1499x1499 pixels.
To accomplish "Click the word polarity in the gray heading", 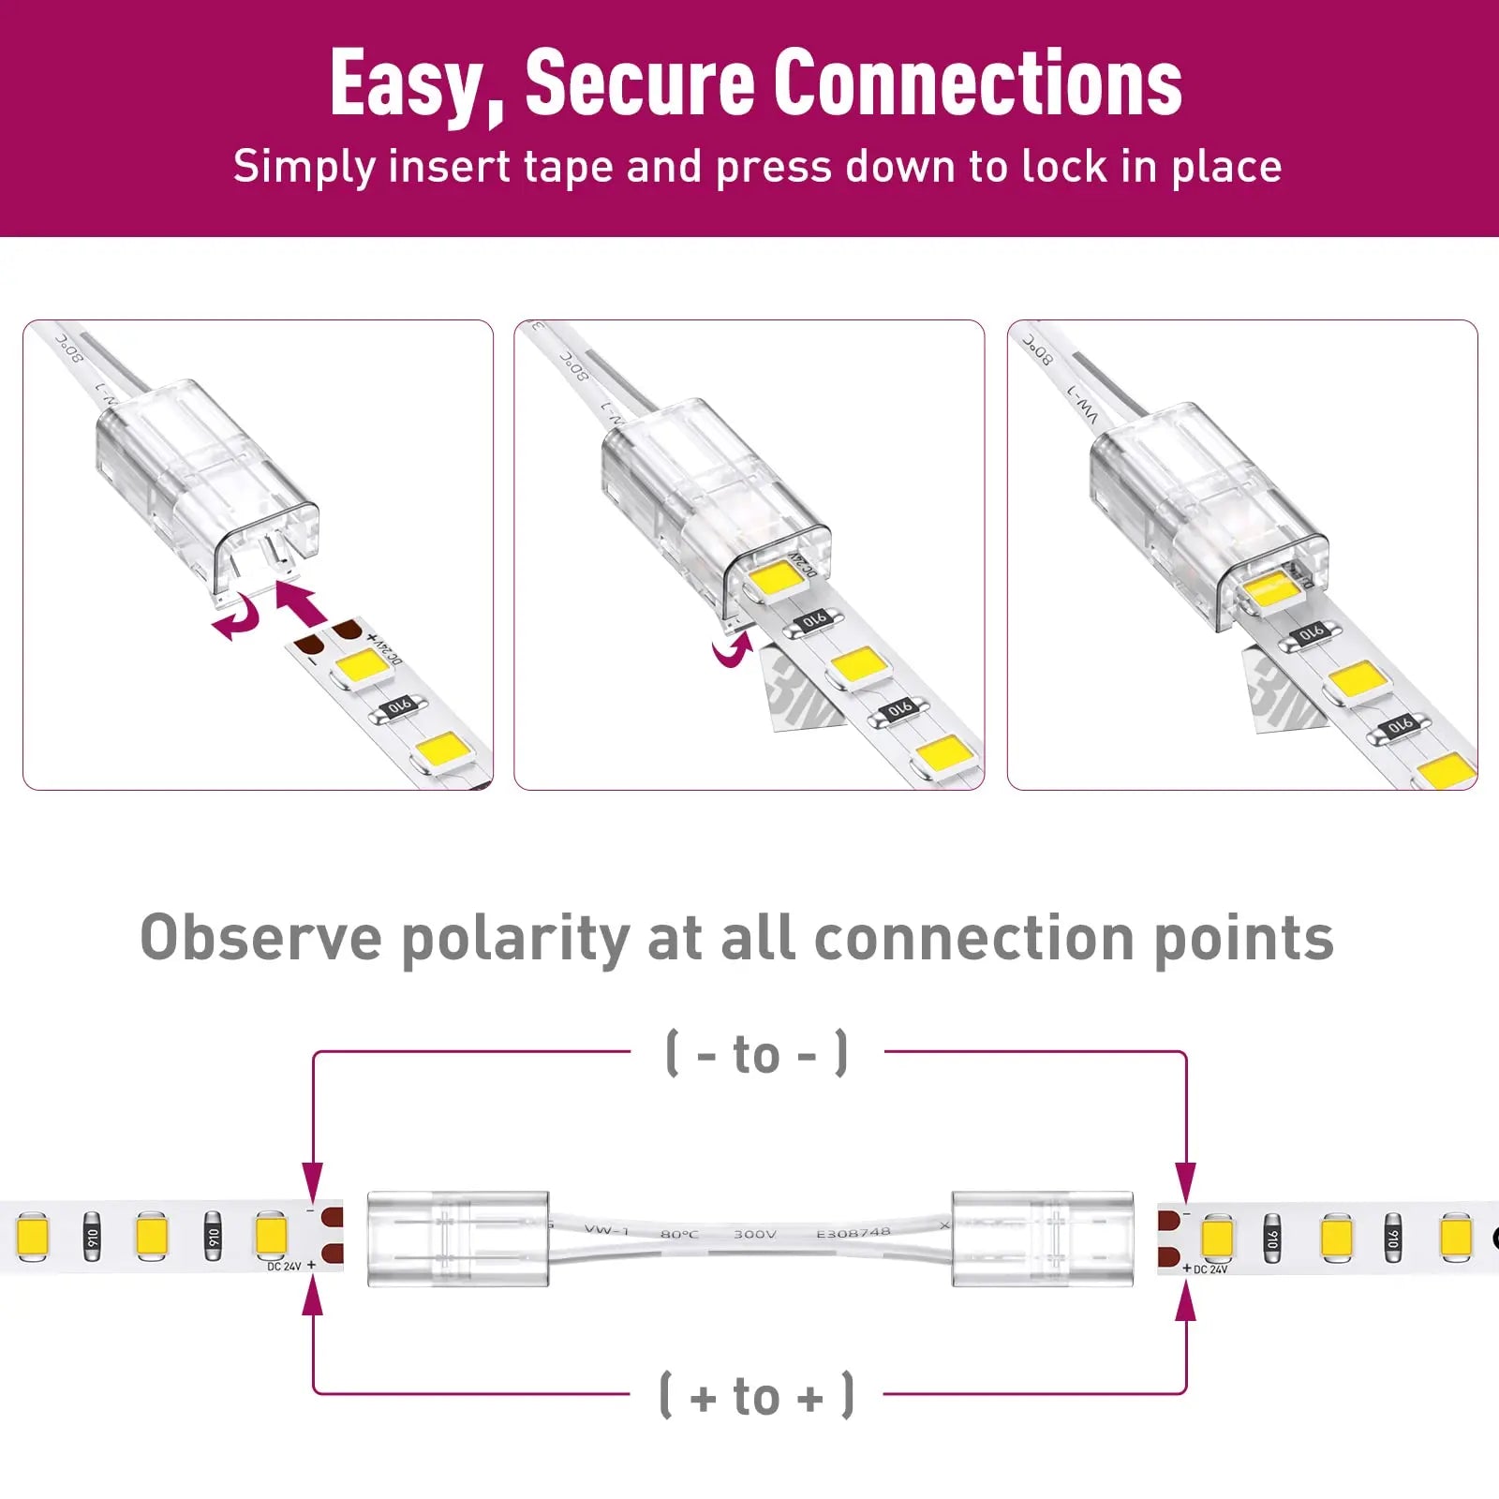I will [x=515, y=939].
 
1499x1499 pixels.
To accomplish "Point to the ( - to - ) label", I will [x=757, y=1054].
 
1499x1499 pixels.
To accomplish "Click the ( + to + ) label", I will [x=757, y=1396].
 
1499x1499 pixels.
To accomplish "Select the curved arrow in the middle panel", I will [x=732, y=649].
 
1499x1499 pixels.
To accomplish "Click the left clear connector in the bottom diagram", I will [x=457, y=1239].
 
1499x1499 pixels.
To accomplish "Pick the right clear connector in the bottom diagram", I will [x=1042, y=1239].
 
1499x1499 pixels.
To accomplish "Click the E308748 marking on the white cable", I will [x=853, y=1233].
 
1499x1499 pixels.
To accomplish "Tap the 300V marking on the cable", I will [x=754, y=1234].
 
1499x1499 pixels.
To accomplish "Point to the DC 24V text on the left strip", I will [x=284, y=1267].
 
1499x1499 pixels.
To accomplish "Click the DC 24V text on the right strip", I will [x=1210, y=1269].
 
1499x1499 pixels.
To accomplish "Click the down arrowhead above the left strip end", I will [x=313, y=1180].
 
